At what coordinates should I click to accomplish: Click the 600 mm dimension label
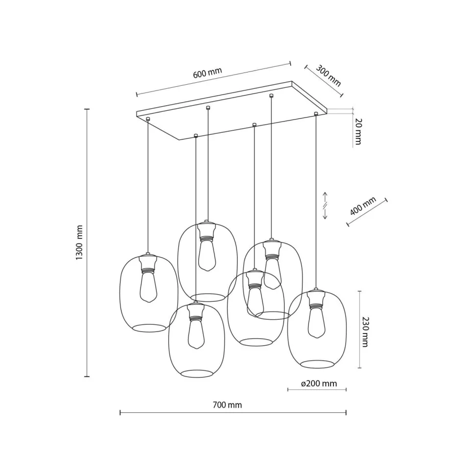click(x=208, y=72)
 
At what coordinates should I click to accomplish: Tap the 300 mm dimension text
click(x=329, y=76)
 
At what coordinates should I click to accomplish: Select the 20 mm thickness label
click(x=358, y=131)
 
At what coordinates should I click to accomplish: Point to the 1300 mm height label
click(x=79, y=242)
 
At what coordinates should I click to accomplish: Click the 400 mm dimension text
click(x=363, y=206)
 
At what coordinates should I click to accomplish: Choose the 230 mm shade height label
click(x=365, y=332)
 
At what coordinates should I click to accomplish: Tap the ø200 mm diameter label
click(x=319, y=383)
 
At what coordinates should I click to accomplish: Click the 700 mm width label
click(x=227, y=405)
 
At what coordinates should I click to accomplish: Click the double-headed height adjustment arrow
click(x=325, y=205)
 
